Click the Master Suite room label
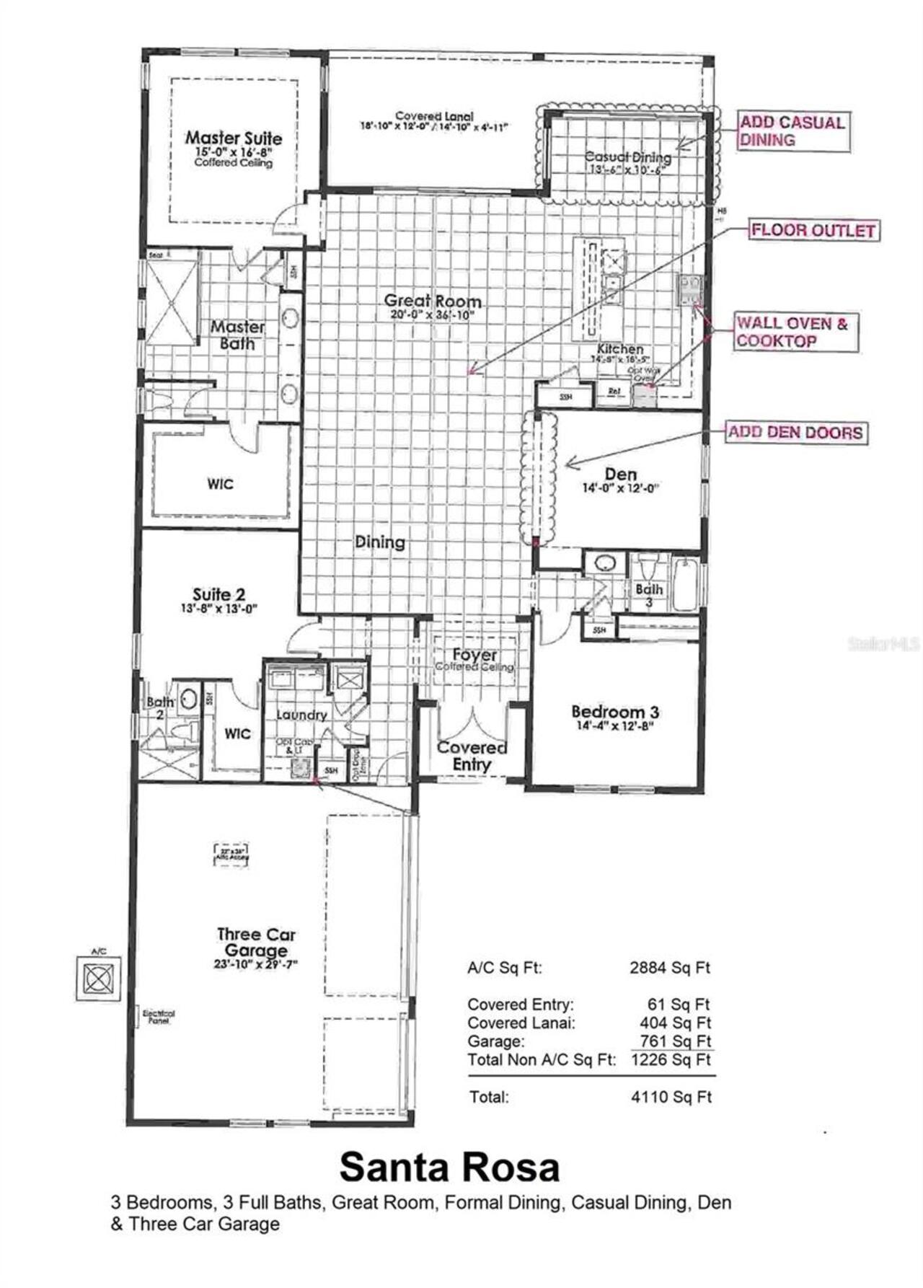click(234, 138)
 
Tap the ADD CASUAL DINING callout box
click(792, 131)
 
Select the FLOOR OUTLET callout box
click(813, 231)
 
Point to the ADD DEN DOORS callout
click(795, 433)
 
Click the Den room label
click(620, 474)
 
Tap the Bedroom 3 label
click(615, 712)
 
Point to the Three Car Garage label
click(256, 942)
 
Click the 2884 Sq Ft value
click(670, 968)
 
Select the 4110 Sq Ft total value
click(671, 1097)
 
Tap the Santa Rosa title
click(449, 1167)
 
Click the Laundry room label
click(301, 715)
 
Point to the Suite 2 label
click(218, 594)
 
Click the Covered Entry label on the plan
click(472, 756)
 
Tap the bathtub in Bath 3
click(684, 583)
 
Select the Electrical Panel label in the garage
click(159, 1017)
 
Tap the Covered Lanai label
click(434, 116)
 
